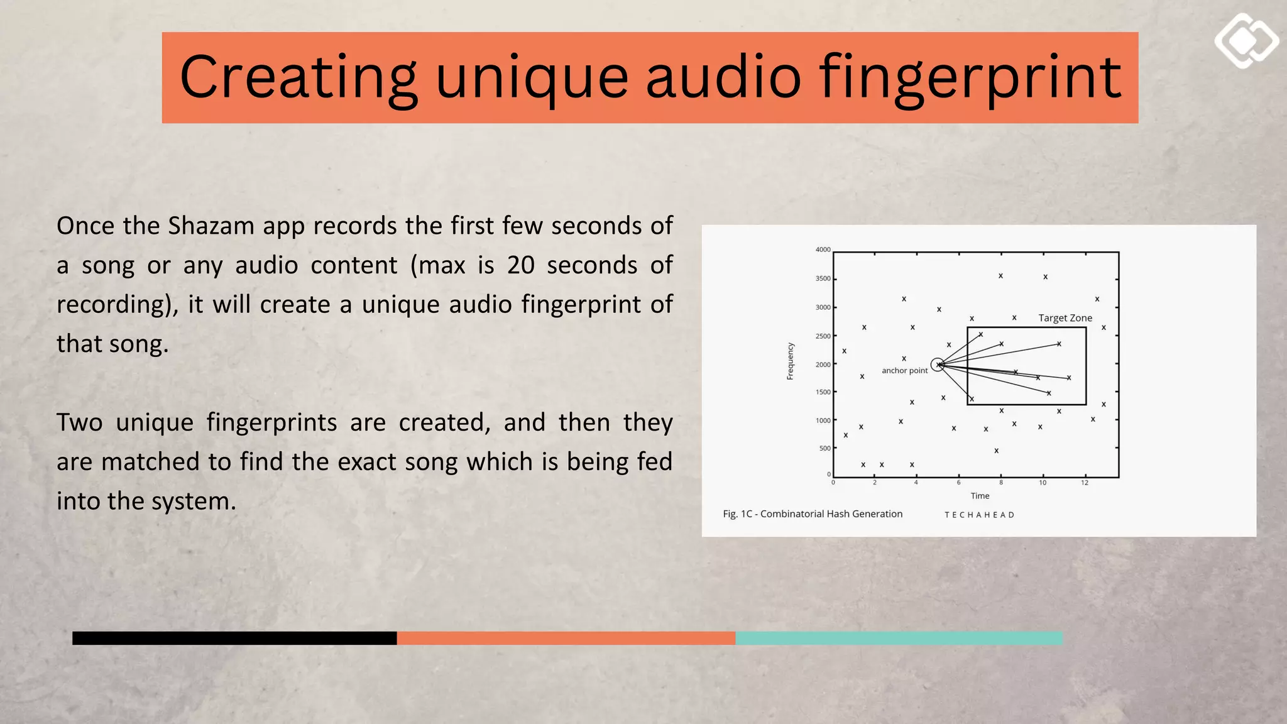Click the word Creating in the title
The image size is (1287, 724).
click(298, 78)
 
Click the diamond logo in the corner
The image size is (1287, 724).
click(1246, 41)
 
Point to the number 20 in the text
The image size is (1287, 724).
click(520, 265)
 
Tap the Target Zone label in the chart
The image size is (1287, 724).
click(1065, 318)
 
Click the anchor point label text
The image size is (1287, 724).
click(904, 371)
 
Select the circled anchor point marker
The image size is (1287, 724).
click(937, 365)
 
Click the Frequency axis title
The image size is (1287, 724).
click(791, 361)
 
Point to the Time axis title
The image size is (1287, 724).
click(980, 496)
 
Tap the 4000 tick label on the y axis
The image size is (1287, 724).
click(823, 250)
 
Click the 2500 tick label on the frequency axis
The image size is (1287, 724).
click(823, 336)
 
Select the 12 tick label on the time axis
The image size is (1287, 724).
click(1085, 483)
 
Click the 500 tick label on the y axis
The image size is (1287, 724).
click(824, 448)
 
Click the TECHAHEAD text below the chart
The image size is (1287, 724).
click(979, 515)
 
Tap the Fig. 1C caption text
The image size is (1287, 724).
click(813, 514)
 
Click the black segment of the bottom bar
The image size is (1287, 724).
click(234, 638)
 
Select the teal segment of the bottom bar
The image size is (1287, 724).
click(899, 638)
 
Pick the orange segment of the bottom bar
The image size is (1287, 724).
click(566, 638)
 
